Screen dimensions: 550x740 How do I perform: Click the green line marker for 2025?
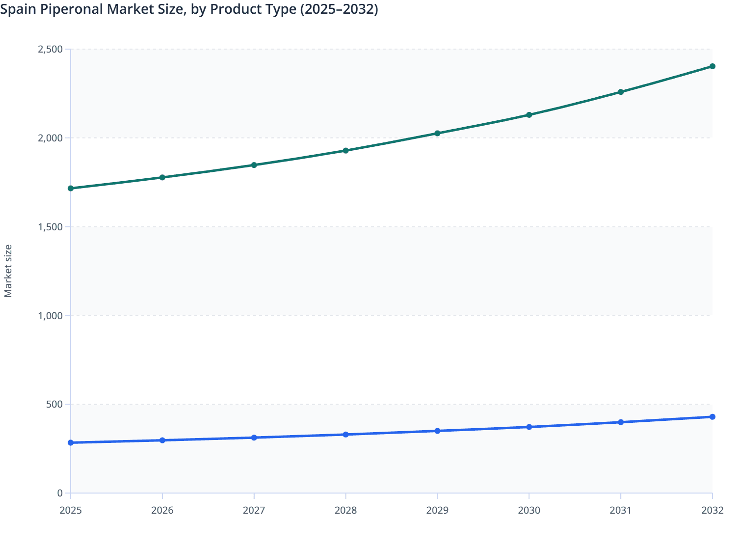(x=71, y=188)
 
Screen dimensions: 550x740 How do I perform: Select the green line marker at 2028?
(x=345, y=150)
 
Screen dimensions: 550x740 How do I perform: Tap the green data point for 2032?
(x=712, y=66)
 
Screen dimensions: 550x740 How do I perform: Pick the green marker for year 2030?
(x=529, y=115)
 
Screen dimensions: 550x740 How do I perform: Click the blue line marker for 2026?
(x=162, y=440)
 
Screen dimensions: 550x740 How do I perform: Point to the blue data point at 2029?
(x=437, y=431)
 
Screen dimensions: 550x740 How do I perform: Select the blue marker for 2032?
(x=712, y=417)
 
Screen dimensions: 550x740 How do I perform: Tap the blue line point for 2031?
(x=620, y=422)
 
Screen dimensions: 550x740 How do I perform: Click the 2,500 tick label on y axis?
(x=50, y=49)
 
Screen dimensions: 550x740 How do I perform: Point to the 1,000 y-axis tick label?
(x=50, y=316)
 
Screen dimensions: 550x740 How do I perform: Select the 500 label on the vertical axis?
(x=54, y=404)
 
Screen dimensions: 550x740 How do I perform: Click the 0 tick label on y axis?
(x=60, y=493)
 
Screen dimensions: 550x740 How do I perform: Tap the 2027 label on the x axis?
(x=254, y=510)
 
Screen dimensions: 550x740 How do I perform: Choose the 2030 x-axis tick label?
(x=529, y=510)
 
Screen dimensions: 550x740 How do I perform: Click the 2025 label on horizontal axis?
(x=71, y=510)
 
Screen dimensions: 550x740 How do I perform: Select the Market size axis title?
(x=8, y=271)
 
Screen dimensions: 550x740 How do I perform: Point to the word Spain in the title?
(x=16, y=9)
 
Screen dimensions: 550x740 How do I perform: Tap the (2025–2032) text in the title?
(x=339, y=9)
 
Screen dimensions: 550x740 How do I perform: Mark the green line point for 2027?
(x=254, y=165)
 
